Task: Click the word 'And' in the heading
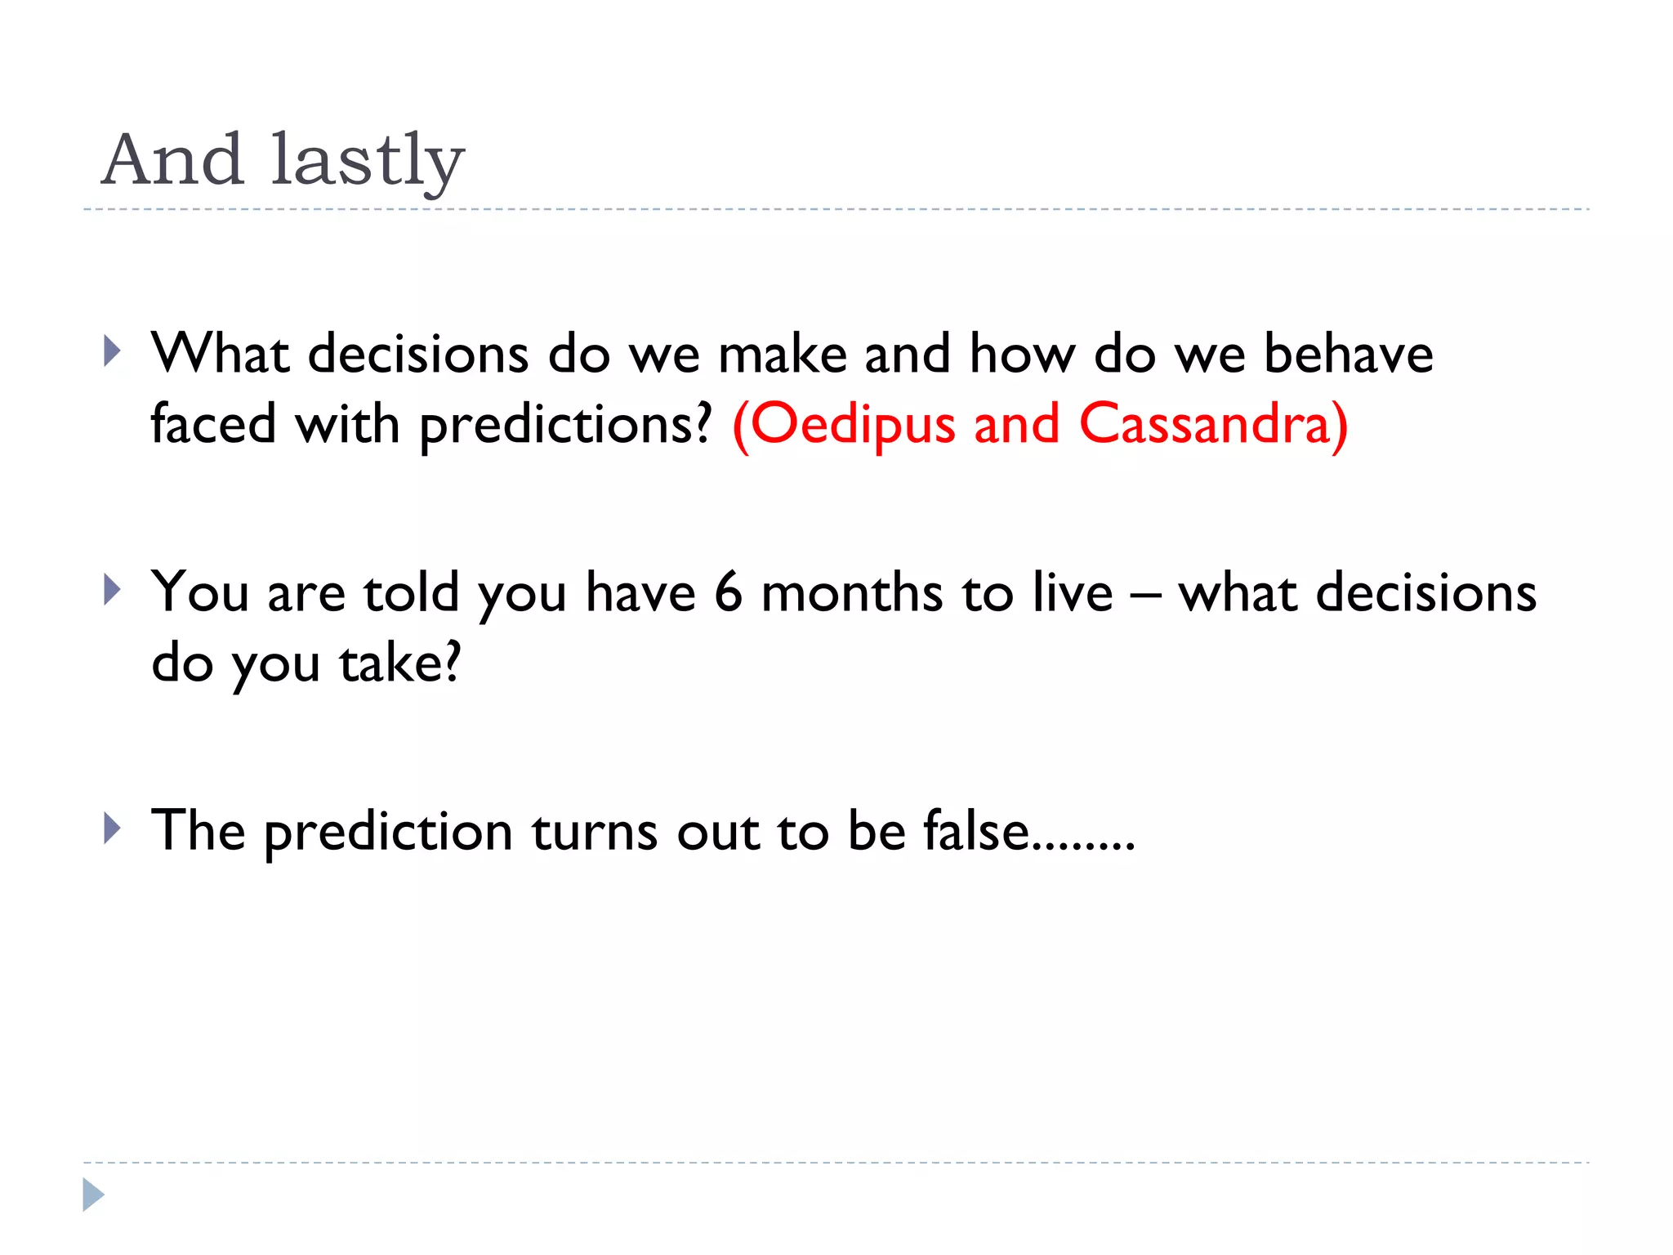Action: tap(172, 159)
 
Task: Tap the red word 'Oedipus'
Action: tap(852, 425)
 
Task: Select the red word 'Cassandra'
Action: tap(1205, 425)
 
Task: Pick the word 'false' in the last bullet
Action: tap(975, 831)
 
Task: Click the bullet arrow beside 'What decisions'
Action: tap(113, 352)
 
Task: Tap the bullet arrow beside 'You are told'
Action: tap(113, 589)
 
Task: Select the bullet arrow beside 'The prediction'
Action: tap(113, 828)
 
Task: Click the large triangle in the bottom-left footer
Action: tap(93, 1195)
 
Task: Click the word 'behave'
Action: tap(1347, 355)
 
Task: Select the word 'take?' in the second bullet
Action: tap(400, 663)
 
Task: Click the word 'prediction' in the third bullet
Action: tap(388, 833)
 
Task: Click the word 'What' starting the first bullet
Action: tap(221, 355)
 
